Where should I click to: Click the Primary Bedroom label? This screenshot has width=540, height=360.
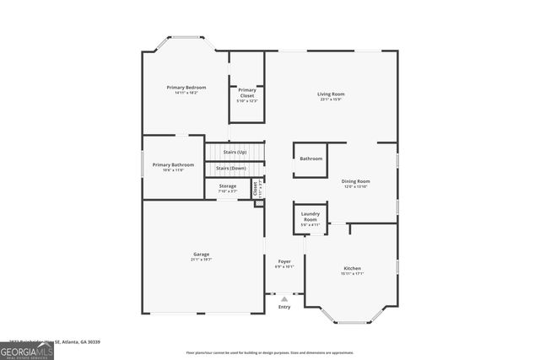pos(186,87)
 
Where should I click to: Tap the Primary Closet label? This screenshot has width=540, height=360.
pos(246,92)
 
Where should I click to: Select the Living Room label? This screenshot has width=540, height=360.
pos(331,94)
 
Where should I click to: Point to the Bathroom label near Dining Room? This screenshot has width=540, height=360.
pos(310,159)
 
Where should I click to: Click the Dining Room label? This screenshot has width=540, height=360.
pos(355,181)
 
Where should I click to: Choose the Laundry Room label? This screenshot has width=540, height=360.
pos(310,217)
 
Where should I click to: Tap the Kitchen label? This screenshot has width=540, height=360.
pos(352,268)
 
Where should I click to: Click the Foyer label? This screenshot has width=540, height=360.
pos(284,261)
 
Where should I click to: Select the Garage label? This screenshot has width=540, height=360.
pos(201,254)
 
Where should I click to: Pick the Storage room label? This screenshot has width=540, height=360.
pos(227,185)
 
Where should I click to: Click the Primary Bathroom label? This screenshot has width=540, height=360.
pos(173,164)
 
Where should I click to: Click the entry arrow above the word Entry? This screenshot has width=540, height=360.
pos(284,298)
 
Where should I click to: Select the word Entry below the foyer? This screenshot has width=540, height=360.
pos(284,307)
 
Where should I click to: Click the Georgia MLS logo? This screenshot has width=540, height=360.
pos(27,351)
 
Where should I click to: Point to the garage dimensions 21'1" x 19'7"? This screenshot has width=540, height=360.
pos(201,260)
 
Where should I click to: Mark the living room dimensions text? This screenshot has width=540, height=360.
pos(331,99)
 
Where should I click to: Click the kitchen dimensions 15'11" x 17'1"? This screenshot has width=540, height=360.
pos(352,274)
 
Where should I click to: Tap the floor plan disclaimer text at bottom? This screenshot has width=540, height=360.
pos(270,352)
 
